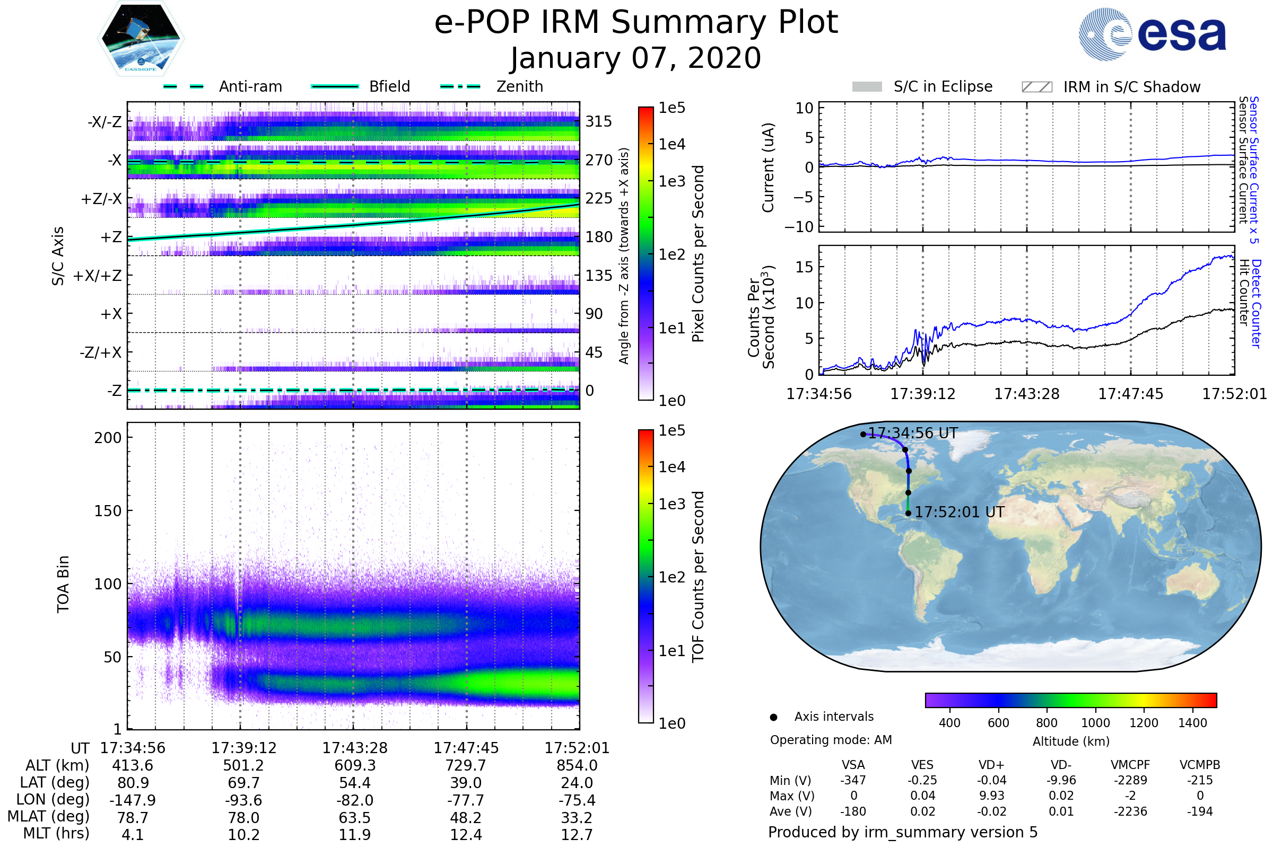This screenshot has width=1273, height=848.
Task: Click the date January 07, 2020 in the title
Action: click(636, 58)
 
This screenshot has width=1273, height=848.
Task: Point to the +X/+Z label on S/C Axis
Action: click(98, 276)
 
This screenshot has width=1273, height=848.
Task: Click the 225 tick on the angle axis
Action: click(599, 198)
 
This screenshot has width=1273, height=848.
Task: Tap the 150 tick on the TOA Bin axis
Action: click(108, 511)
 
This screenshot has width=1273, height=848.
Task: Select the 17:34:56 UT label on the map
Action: click(912, 434)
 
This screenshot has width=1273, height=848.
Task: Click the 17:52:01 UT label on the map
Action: click(959, 512)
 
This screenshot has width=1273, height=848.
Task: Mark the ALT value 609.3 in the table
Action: click(354, 766)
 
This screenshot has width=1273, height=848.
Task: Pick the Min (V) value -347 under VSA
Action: click(853, 780)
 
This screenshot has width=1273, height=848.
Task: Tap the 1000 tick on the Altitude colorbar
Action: click(1095, 723)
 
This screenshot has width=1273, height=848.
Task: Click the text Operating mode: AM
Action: click(831, 740)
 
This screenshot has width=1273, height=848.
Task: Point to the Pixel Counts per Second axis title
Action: click(698, 254)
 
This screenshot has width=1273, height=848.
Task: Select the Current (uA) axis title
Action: click(768, 167)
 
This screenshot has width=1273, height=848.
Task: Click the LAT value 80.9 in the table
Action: click(133, 783)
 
